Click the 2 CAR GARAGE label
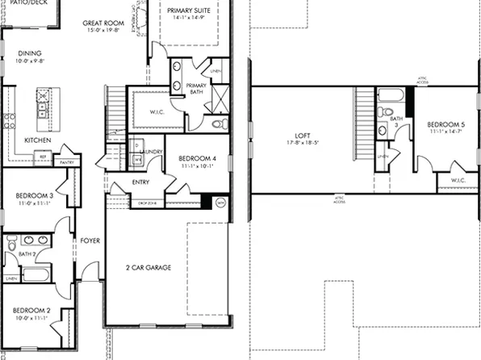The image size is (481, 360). coord(148,267)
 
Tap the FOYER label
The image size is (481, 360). coord(89,241)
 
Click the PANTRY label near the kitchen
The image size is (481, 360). coord(67,162)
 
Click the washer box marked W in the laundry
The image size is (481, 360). coord(137,160)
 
